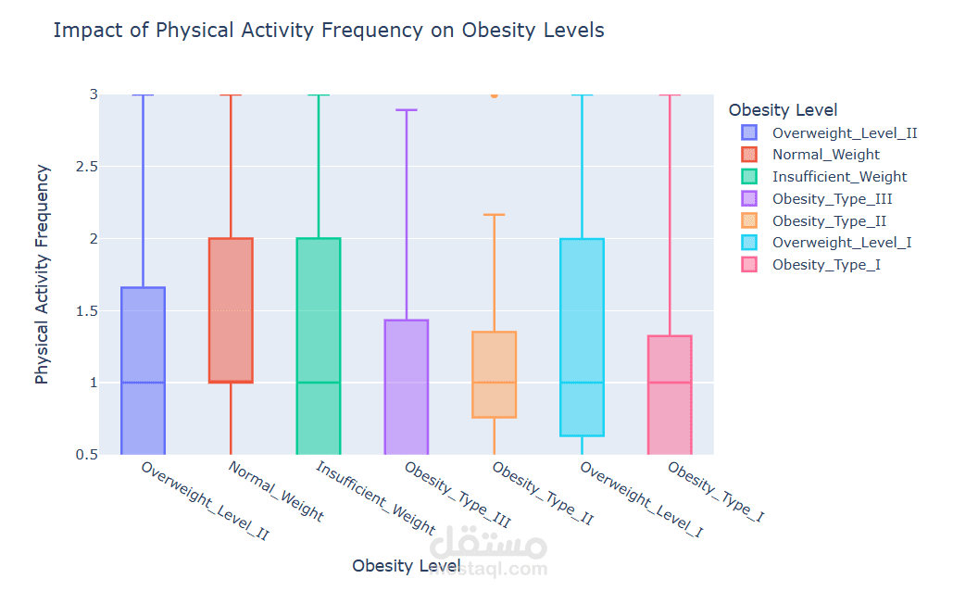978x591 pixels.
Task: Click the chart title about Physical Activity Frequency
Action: pos(329,31)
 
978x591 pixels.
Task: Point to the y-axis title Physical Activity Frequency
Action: pos(42,274)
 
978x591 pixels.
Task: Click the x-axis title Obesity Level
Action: pos(406,565)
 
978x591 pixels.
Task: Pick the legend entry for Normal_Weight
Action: pos(825,155)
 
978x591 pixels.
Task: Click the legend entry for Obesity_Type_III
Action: pos(832,198)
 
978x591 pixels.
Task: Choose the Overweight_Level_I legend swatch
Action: pos(748,243)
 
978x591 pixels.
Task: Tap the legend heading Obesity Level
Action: pos(783,110)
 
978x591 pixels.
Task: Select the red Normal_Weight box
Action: pos(231,309)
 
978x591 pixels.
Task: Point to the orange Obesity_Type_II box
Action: pos(494,374)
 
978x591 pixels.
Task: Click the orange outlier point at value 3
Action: pos(494,94)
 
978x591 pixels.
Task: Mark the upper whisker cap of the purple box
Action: pos(406,109)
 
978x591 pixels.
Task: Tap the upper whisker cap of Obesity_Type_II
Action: pos(494,215)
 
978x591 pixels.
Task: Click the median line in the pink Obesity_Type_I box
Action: pos(670,383)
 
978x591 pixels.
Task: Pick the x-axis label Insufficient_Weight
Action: pos(375,497)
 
